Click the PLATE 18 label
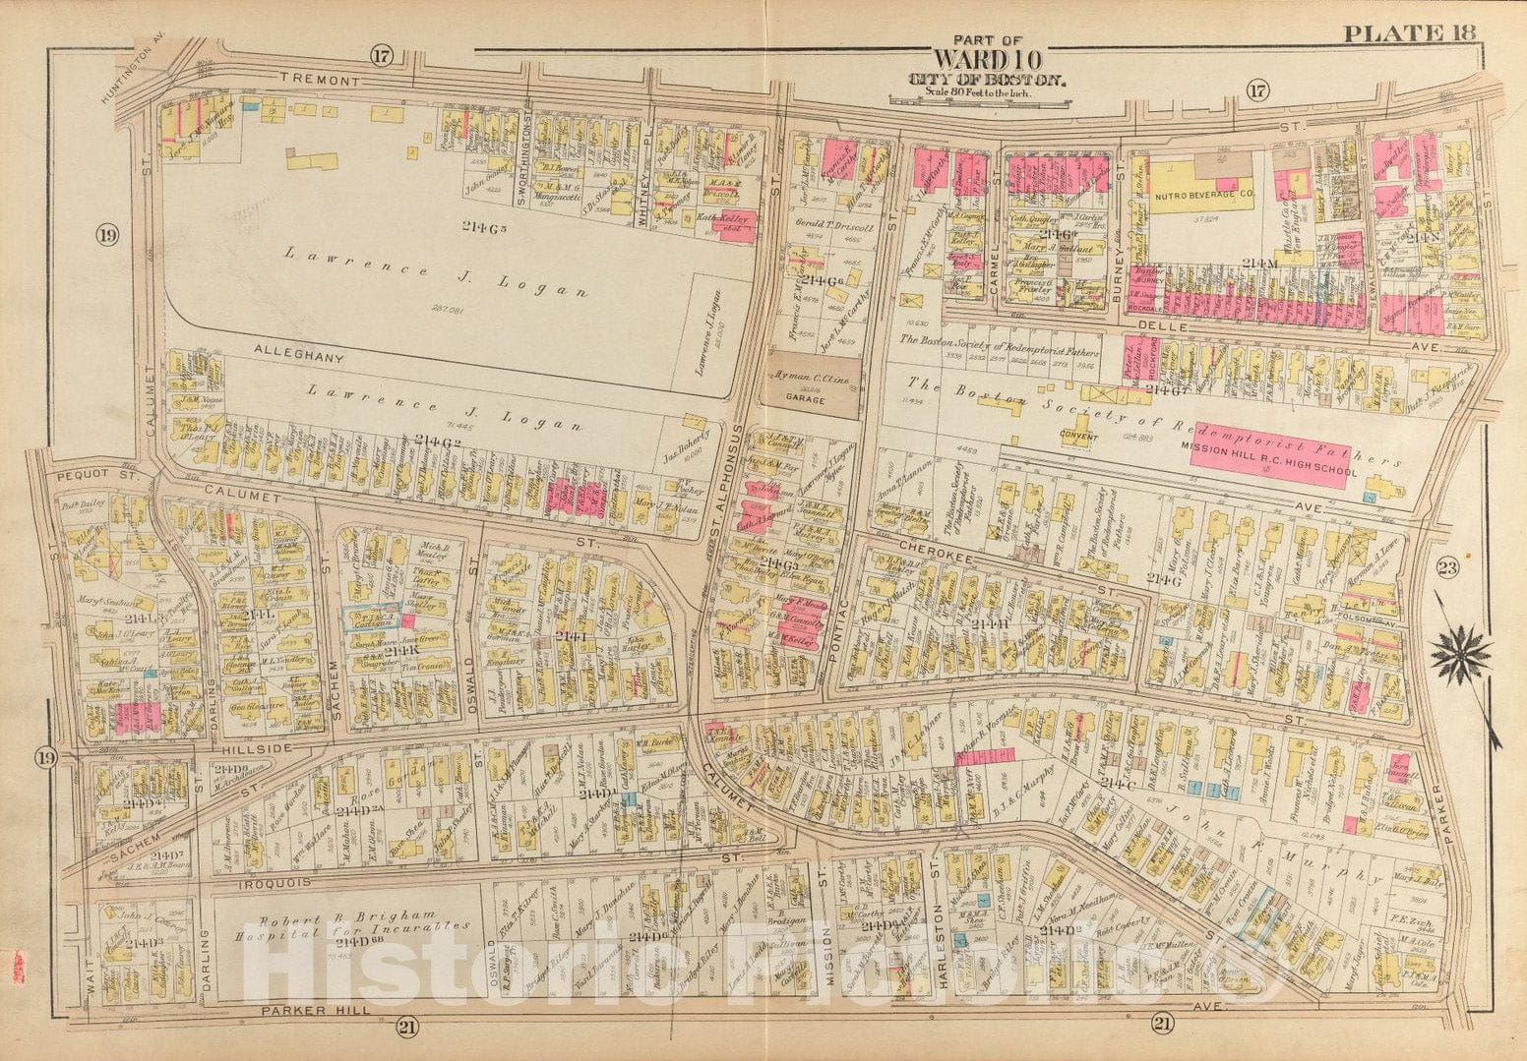pos(1409,33)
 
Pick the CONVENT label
pos(1079,434)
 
